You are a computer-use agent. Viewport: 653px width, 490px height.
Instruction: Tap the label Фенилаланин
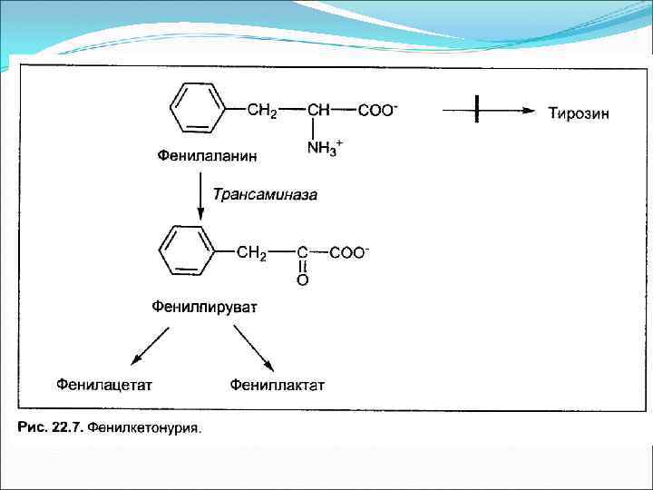[x=207, y=156]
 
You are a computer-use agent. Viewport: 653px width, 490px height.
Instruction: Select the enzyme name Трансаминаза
[x=266, y=193]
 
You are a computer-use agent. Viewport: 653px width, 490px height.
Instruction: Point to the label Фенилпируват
[x=204, y=307]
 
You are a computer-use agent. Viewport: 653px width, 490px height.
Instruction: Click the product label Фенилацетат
[x=104, y=385]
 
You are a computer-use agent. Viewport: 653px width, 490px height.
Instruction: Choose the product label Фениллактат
[x=278, y=385]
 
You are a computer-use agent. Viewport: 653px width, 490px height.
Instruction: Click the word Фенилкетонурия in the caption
[x=145, y=426]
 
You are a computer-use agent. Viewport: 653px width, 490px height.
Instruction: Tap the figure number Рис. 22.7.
[x=51, y=426]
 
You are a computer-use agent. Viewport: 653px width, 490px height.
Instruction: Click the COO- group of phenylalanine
[x=377, y=111]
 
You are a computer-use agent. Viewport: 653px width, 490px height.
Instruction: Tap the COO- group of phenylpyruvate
[x=349, y=253]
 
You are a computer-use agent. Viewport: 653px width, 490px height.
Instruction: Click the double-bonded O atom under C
[x=303, y=280]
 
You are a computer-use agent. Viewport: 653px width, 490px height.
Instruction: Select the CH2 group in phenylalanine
[x=263, y=111]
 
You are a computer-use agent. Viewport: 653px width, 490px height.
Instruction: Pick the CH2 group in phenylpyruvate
[x=251, y=253]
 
